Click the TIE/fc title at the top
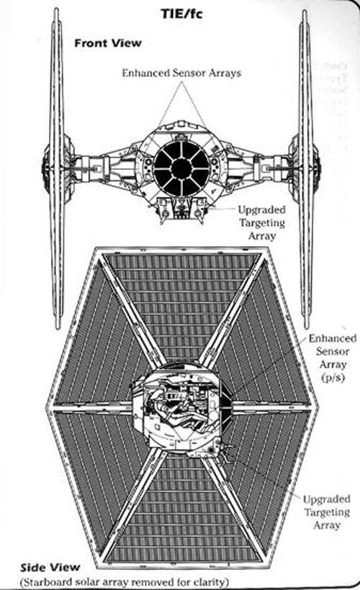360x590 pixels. pos(181,14)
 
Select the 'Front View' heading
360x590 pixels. pos(108,43)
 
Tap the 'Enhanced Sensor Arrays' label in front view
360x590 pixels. pos(181,73)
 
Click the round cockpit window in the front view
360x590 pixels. pos(181,168)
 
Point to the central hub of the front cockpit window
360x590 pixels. pos(181,168)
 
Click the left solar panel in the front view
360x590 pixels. pos(57,168)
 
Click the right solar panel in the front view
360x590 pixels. pos(306,168)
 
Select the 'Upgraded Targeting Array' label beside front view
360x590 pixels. pos(262,223)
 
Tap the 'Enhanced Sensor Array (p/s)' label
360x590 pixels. pos(333,358)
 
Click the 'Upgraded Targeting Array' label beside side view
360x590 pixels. pos(327,512)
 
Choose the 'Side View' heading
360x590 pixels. pos(50,568)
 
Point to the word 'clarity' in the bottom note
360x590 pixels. pos(212,582)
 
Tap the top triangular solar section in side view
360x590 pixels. pos(181,301)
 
